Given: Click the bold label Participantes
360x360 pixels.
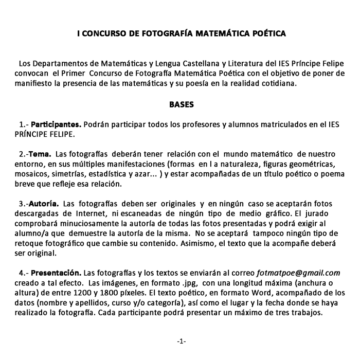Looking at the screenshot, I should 56,124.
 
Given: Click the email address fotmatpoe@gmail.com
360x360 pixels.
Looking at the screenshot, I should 298,273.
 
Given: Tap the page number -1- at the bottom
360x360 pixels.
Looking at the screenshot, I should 181,341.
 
